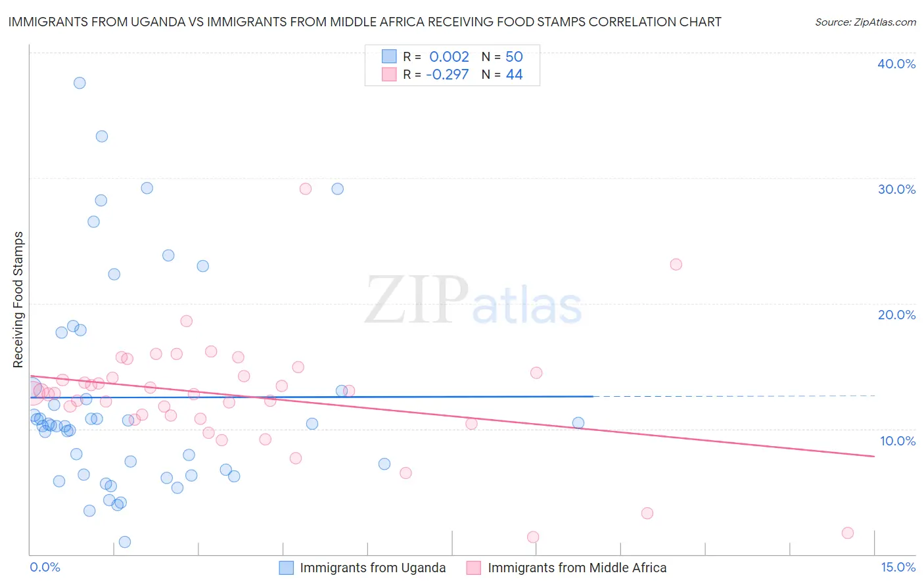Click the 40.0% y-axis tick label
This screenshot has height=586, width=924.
(x=896, y=64)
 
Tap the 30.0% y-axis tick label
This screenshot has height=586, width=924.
(x=896, y=189)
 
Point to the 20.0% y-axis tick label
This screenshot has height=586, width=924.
(x=896, y=315)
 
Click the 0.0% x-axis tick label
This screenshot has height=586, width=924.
(x=45, y=567)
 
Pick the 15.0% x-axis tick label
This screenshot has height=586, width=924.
(x=898, y=567)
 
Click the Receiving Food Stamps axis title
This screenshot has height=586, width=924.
(x=18, y=300)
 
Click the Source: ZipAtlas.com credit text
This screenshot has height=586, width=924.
(x=865, y=22)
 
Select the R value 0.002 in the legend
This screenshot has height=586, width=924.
(x=449, y=56)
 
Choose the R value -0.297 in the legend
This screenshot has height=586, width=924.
(x=447, y=74)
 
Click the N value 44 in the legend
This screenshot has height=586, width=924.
(x=514, y=74)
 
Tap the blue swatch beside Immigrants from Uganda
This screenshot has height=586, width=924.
(x=287, y=568)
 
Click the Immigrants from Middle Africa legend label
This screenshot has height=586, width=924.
(x=577, y=568)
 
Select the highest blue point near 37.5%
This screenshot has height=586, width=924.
(x=80, y=83)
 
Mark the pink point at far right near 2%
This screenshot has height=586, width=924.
(x=848, y=533)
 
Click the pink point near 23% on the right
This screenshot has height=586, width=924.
(x=676, y=265)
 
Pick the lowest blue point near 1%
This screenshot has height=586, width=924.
(x=125, y=542)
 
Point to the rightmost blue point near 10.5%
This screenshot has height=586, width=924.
(x=578, y=423)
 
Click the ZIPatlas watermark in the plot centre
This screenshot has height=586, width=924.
(x=473, y=301)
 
